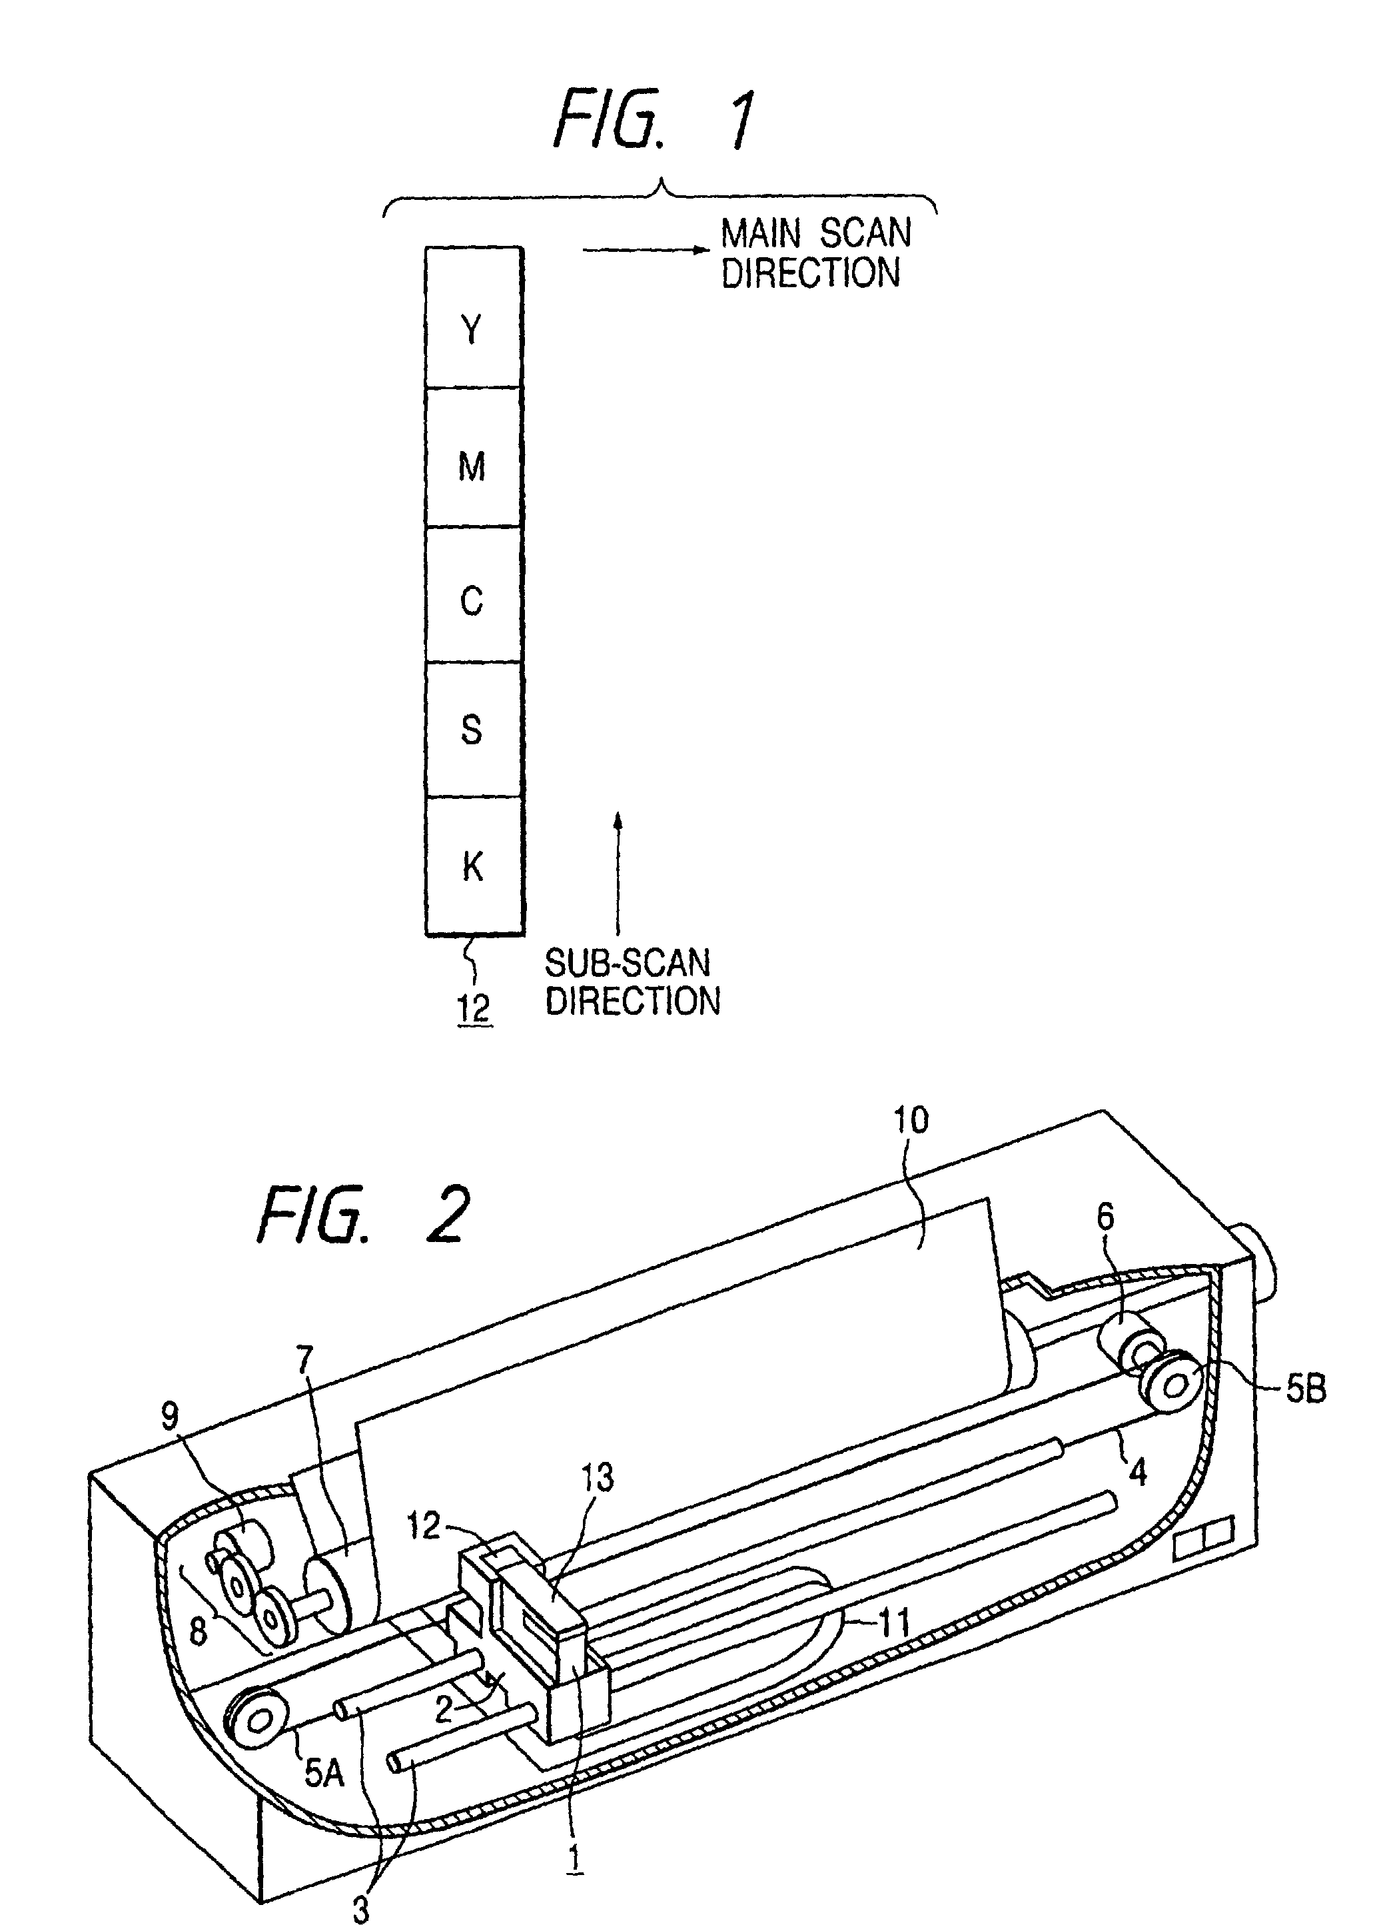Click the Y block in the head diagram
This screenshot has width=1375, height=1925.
pyautogui.click(x=472, y=318)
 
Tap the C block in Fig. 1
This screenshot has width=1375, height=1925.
pyautogui.click(x=472, y=594)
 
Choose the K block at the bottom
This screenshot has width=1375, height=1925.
pyautogui.click(x=472, y=866)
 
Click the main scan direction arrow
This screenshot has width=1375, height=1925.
pyautogui.click(x=645, y=250)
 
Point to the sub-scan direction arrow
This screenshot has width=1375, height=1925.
pyautogui.click(x=618, y=872)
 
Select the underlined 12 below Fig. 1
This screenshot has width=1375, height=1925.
pyautogui.click(x=474, y=1009)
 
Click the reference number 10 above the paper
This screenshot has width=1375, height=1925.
pyautogui.click(x=912, y=1121)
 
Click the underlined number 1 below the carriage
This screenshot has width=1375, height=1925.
pyautogui.click(x=576, y=1856)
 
